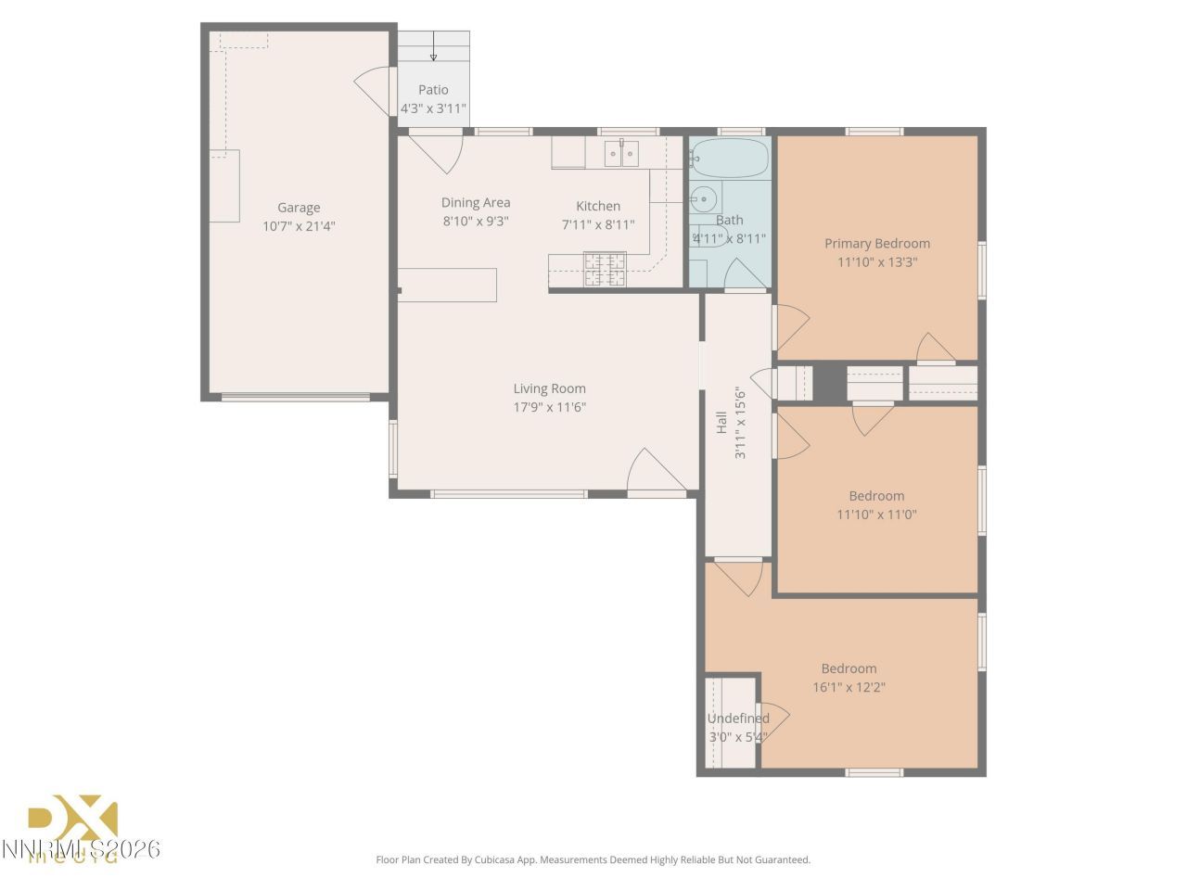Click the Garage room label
[299, 208]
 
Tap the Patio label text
[433, 90]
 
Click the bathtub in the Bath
[731, 159]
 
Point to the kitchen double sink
[621, 153]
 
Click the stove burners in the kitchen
[604, 269]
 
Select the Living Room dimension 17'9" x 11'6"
[550, 407]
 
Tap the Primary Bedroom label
[877, 244]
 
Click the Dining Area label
[476, 202]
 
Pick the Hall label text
[721, 423]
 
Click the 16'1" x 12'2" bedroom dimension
[849, 687]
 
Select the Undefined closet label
[738, 718]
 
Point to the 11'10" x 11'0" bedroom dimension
[876, 515]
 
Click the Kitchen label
[598, 206]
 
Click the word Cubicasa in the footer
[501, 859]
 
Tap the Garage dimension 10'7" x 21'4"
[299, 226]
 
